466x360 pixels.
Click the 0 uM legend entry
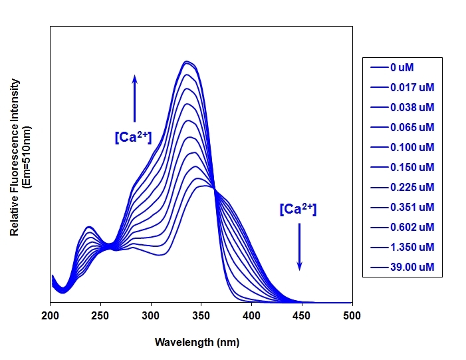pyautogui.click(x=402, y=67)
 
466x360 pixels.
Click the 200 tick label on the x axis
pyautogui.click(x=51, y=315)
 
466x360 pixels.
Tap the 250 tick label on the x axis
pyautogui.click(x=100, y=315)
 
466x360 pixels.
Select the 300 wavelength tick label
pyautogui.click(x=151, y=315)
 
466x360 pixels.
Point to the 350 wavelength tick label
pyautogui.click(x=201, y=315)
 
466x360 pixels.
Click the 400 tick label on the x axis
pyautogui.click(x=251, y=315)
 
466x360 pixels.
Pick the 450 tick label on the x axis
pyautogui.click(x=302, y=315)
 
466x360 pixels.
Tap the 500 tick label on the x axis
pyautogui.click(x=352, y=315)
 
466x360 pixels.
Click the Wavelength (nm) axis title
pyautogui.click(x=197, y=343)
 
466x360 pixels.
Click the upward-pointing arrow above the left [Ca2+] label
pyautogui.click(x=134, y=98)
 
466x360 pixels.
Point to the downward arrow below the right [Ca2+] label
pyautogui.click(x=299, y=246)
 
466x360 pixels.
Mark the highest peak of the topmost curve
pyautogui.click(x=188, y=61)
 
